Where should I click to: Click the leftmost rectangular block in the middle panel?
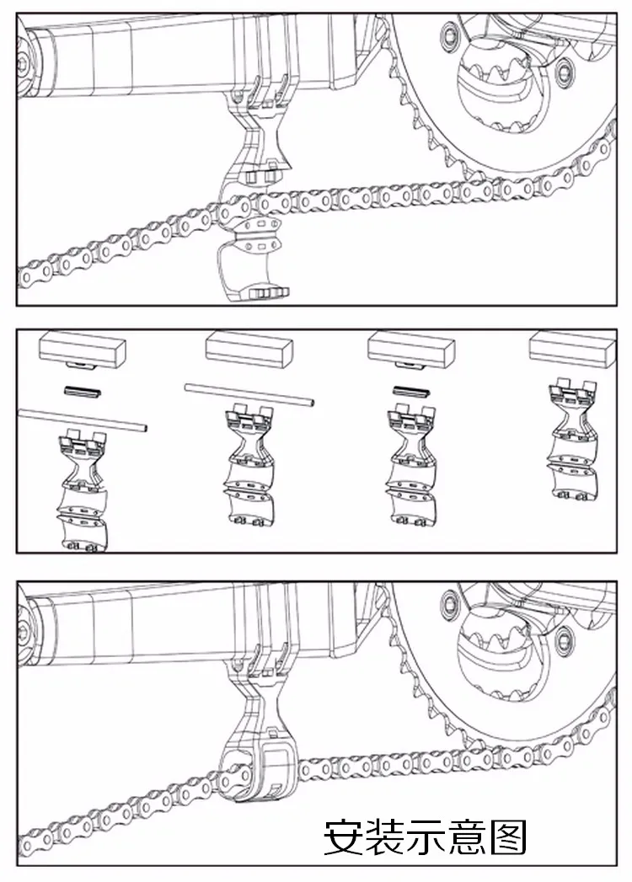tap(84, 348)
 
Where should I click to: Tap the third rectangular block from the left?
tap(410, 347)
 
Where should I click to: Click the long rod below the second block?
tap(250, 394)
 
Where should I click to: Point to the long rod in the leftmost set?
tap(83, 419)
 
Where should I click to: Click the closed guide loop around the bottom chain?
tap(254, 770)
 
